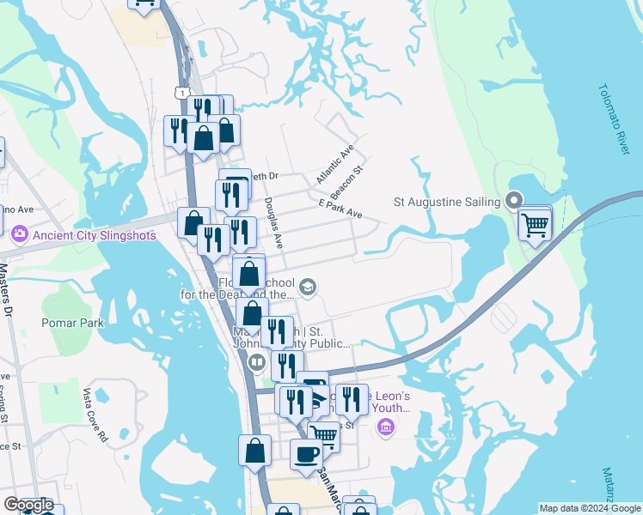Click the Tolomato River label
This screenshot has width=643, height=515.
tap(615, 120)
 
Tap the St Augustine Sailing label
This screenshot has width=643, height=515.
tap(447, 202)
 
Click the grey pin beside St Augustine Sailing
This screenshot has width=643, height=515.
tap(515, 202)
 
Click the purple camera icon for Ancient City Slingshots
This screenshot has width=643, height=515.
tap(19, 233)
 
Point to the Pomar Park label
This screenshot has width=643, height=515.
tap(72, 324)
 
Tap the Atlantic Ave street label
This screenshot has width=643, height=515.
tap(335, 163)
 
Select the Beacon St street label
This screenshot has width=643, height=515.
tap(347, 176)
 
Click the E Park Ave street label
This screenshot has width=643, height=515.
tap(340, 207)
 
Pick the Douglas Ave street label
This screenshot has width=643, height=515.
tap(273, 223)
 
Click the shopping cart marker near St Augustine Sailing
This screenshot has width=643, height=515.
tap(535, 225)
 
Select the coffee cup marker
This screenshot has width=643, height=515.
tap(306, 455)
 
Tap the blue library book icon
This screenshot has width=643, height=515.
tap(256, 362)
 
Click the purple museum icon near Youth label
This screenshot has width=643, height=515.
tap(384, 427)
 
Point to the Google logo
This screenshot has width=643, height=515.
tap(28, 505)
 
